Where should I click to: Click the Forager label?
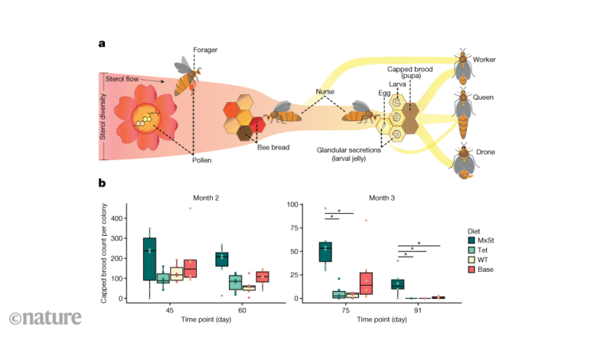coord(207,51)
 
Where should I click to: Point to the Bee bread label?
coord(272,147)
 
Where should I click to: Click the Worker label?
coord(486,59)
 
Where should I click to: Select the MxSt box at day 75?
coord(331,251)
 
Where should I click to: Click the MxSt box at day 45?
coord(149,258)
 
